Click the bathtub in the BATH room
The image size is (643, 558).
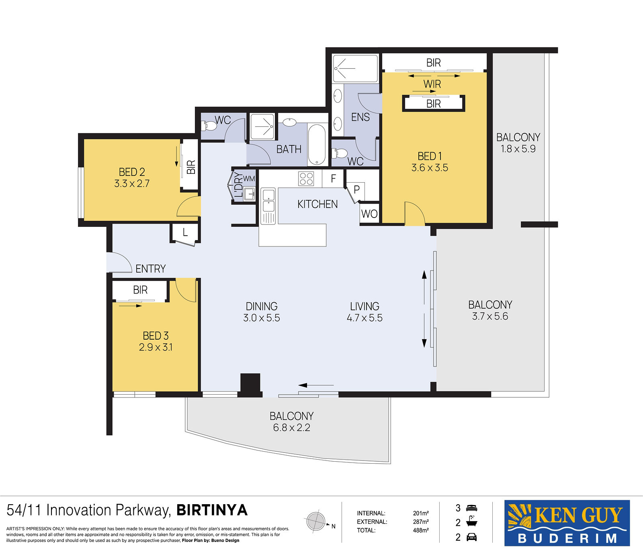[x=317, y=145]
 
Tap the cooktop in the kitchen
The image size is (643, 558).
[x=306, y=179]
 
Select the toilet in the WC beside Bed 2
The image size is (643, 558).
[x=209, y=126]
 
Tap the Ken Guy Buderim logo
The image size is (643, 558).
[x=567, y=523]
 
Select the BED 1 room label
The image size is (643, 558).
[x=430, y=156]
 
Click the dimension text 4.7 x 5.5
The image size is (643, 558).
[x=365, y=318]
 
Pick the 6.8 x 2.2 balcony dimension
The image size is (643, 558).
[x=291, y=428]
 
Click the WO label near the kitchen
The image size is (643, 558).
[x=369, y=214]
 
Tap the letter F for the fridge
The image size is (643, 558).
[x=333, y=178]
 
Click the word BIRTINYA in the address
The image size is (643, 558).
[x=212, y=510]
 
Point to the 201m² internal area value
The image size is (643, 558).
[x=421, y=513]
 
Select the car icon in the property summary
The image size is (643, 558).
[x=471, y=537]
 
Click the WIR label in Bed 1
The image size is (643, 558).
[x=432, y=84]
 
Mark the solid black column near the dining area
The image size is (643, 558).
[x=250, y=385]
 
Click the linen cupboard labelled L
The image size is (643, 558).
[x=185, y=233]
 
